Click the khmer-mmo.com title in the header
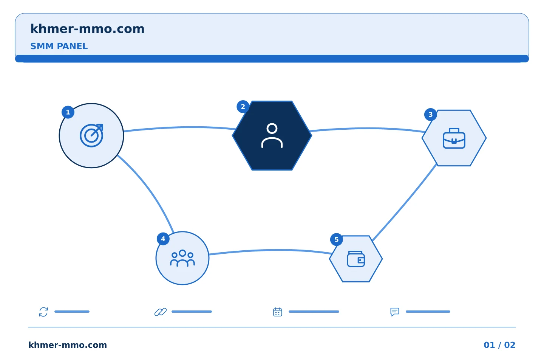pyautogui.click(x=87, y=29)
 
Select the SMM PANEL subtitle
pyautogui.click(x=59, y=46)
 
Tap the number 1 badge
pyautogui.click(x=68, y=112)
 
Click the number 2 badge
pyautogui.click(x=243, y=107)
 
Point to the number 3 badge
pyautogui.click(x=431, y=115)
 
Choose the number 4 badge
pyautogui.click(x=163, y=239)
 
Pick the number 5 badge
pyautogui.click(x=337, y=240)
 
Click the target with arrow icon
pyautogui.click(x=91, y=135)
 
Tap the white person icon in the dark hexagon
pyautogui.click(x=272, y=135)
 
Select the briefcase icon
pyautogui.click(x=454, y=138)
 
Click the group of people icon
pyautogui.click(x=182, y=258)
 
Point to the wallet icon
pyautogui.click(x=356, y=259)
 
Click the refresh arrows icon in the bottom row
pyautogui.click(x=43, y=312)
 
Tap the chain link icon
pyautogui.click(x=161, y=312)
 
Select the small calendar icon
pyautogui.click(x=278, y=312)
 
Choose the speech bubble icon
pyautogui.click(x=395, y=312)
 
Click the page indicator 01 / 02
pyautogui.click(x=499, y=345)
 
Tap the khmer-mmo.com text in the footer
pyautogui.click(x=68, y=345)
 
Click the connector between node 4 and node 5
pyautogui.click(x=270, y=250)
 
